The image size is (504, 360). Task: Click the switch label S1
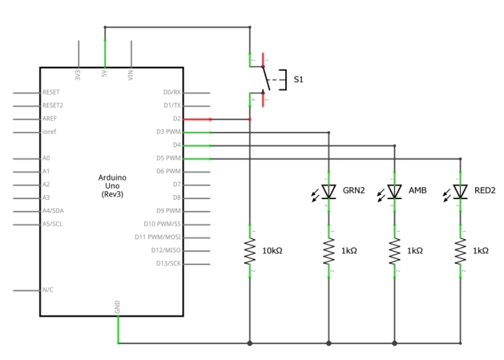click(x=299, y=80)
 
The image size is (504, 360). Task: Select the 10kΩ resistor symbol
click(x=249, y=251)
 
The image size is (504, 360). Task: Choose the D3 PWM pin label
click(x=168, y=132)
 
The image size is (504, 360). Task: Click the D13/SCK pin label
click(x=168, y=264)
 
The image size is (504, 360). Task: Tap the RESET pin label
click(x=51, y=92)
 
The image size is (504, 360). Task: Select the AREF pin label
click(x=49, y=119)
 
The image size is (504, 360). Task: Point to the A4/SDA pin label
click(x=53, y=211)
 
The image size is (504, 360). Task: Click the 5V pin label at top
click(x=104, y=74)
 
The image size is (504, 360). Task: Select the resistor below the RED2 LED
click(x=461, y=251)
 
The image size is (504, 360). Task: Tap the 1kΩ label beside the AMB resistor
click(x=415, y=251)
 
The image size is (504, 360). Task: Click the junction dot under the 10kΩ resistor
click(x=249, y=343)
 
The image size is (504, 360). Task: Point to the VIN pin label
click(x=131, y=74)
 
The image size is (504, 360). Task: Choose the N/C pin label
click(x=47, y=290)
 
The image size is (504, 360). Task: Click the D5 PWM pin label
click(x=168, y=158)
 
